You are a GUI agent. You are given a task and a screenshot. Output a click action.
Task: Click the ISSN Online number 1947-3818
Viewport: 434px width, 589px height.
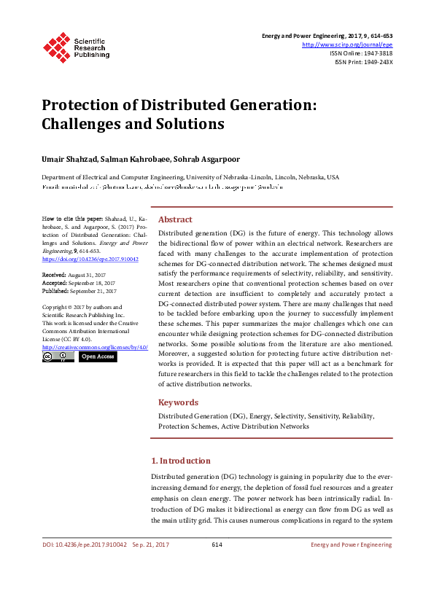(x=375, y=53)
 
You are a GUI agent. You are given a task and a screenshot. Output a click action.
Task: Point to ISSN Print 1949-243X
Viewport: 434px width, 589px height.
(x=375, y=62)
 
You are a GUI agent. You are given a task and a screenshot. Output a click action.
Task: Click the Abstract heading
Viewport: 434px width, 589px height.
(x=175, y=219)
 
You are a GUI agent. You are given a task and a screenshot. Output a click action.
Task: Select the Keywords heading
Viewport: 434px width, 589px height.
(x=179, y=402)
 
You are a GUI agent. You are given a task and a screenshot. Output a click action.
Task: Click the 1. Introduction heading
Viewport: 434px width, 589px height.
(x=181, y=461)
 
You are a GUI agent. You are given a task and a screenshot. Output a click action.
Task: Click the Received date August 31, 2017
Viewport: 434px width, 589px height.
(x=86, y=274)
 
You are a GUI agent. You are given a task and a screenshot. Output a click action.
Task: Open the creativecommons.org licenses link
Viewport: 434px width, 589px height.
(x=95, y=347)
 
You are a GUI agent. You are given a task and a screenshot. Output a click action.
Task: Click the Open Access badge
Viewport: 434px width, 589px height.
(x=97, y=356)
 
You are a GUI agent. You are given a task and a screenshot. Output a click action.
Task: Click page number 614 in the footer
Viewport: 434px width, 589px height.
(x=217, y=545)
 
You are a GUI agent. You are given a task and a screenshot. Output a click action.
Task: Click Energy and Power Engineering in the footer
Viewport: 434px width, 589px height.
(x=352, y=545)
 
